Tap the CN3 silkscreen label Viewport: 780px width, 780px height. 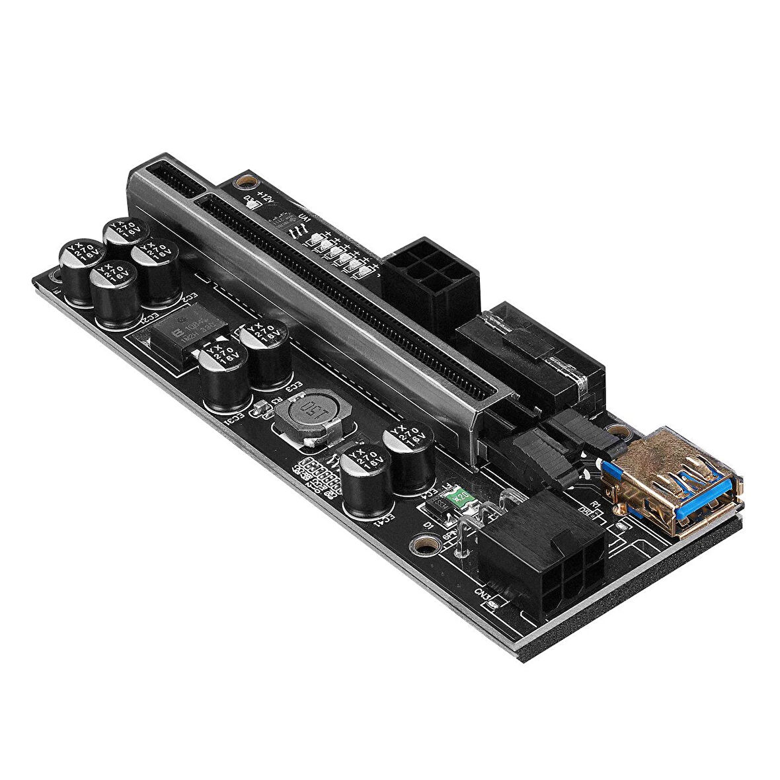coord(485,594)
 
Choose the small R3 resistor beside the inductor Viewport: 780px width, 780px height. coord(261,409)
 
